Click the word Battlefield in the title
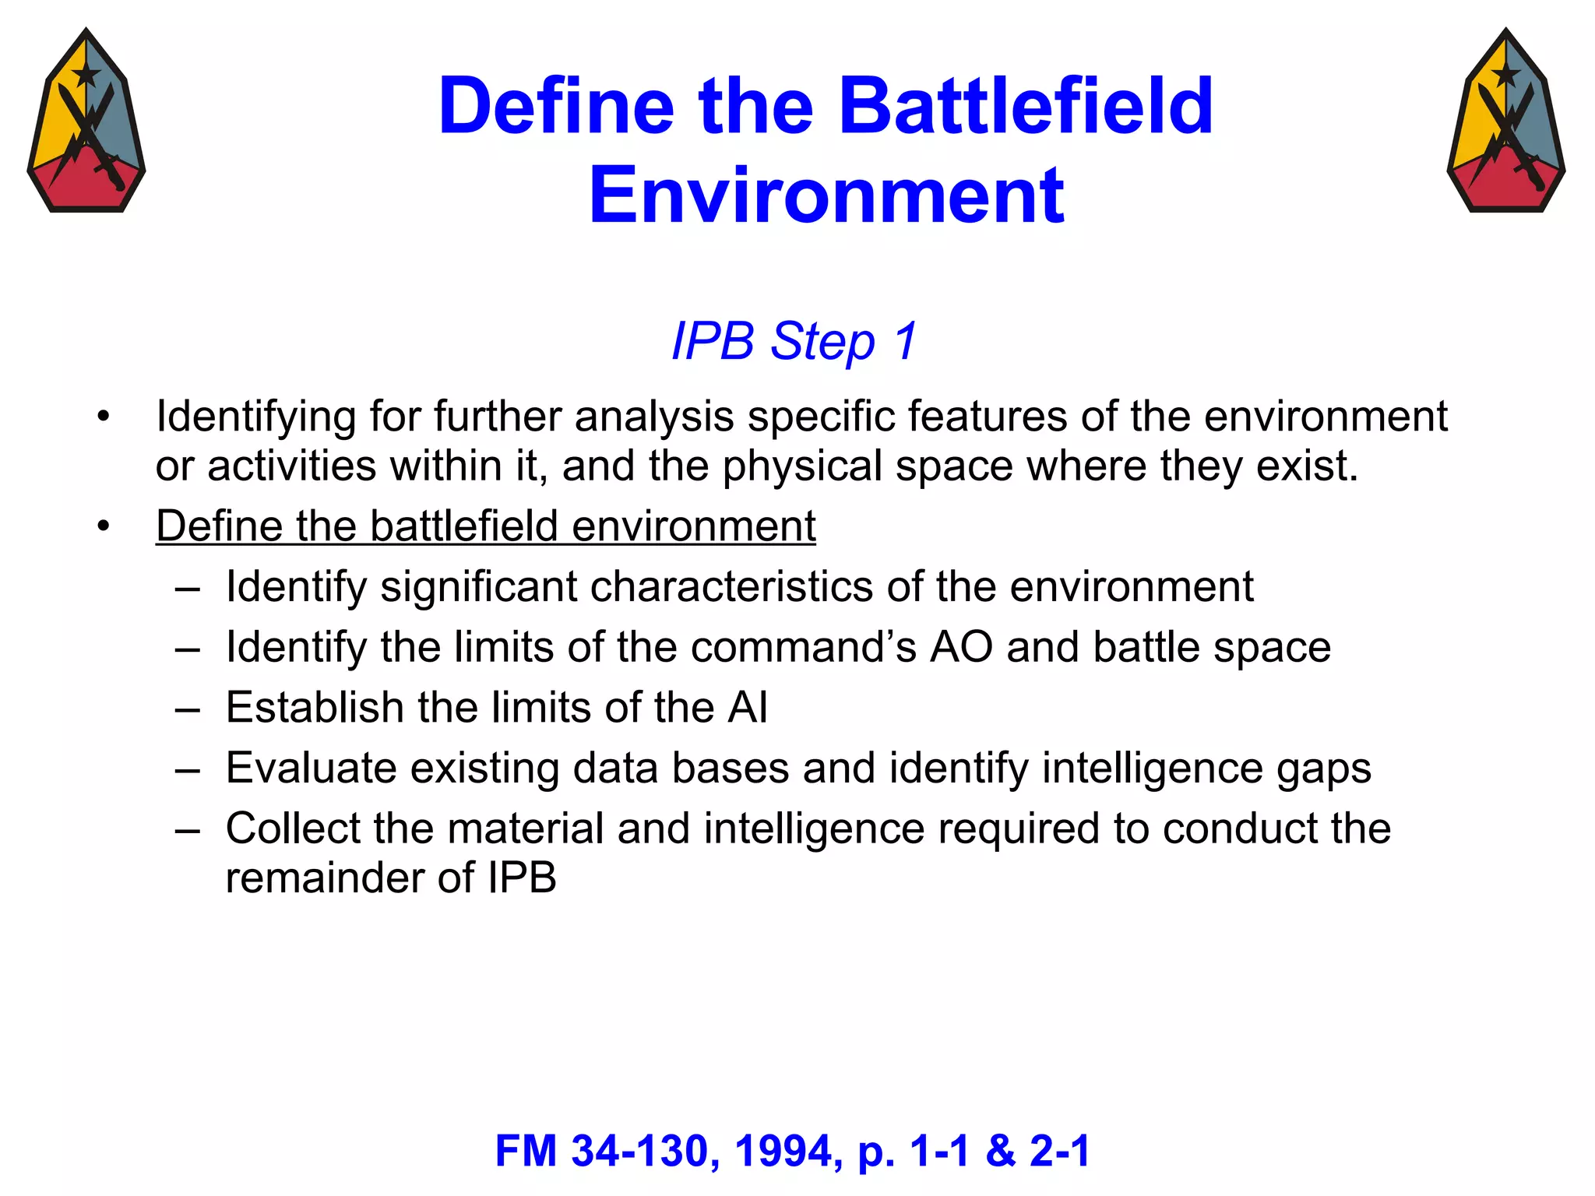click(1026, 106)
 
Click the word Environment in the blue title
click(826, 195)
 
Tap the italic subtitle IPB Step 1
click(794, 341)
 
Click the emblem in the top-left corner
click(86, 121)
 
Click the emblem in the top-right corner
click(1505, 121)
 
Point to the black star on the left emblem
click(86, 75)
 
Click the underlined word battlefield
click(463, 526)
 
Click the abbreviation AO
click(961, 647)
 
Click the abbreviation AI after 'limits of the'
click(747, 708)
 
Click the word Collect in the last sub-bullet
click(292, 828)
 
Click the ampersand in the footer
click(1001, 1151)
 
